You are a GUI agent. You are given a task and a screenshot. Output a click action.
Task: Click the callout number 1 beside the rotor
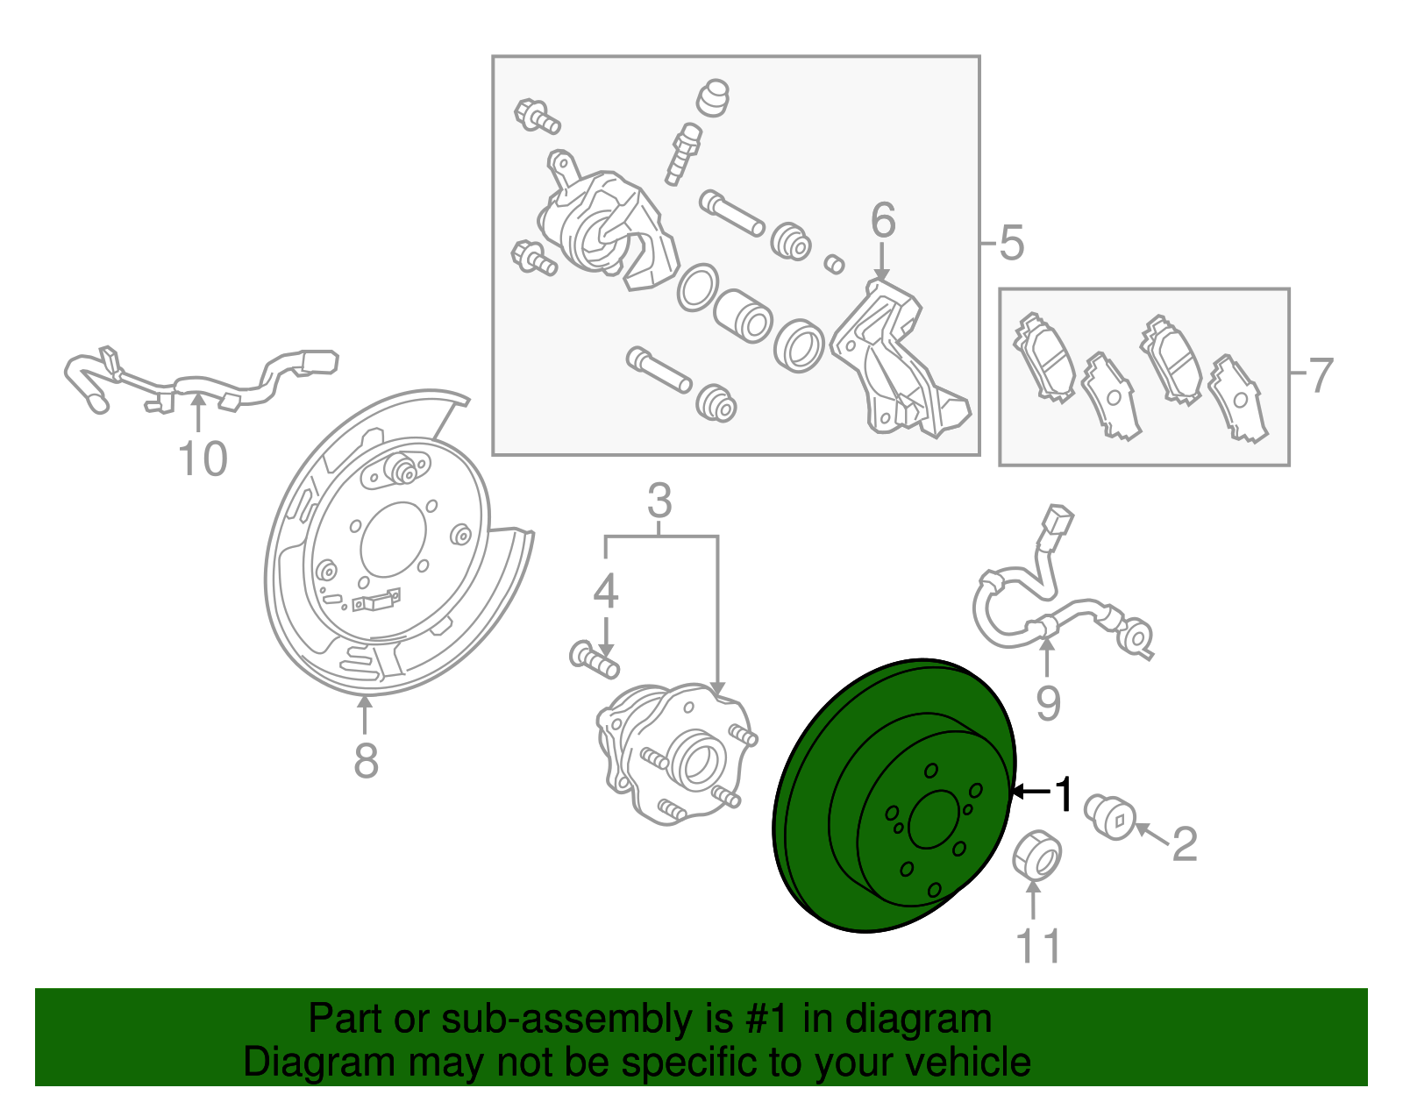click(x=1063, y=793)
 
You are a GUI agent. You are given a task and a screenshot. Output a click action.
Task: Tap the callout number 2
click(x=1185, y=843)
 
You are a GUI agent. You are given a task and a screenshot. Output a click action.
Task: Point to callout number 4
click(x=606, y=591)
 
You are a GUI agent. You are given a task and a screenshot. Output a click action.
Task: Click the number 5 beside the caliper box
click(x=1011, y=243)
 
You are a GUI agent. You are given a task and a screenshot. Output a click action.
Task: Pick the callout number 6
click(x=883, y=219)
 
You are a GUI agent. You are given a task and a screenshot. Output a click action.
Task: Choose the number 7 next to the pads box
click(x=1321, y=375)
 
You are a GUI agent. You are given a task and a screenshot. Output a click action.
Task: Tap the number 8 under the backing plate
click(x=366, y=760)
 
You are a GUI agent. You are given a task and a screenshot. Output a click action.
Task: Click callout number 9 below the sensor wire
click(x=1048, y=703)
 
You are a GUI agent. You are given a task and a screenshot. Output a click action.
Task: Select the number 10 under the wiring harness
click(x=203, y=459)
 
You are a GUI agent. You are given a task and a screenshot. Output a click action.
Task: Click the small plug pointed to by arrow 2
click(x=1110, y=817)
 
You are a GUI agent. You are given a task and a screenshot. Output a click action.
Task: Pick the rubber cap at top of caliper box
click(x=713, y=98)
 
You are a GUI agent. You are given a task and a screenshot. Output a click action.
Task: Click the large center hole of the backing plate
click(x=393, y=539)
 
